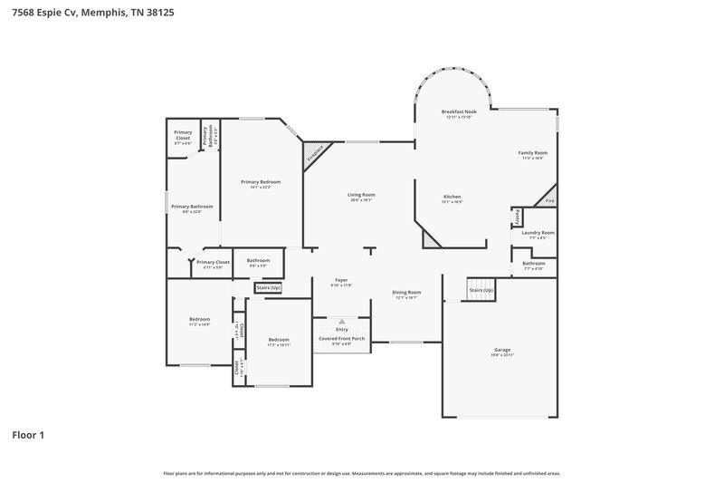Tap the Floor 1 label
[27, 434]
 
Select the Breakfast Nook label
[459, 111]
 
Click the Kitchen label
[452, 197]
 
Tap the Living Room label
[361, 195]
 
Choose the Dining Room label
[405, 293]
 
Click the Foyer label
[341, 281]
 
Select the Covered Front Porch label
[341, 338]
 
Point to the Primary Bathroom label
[192, 207]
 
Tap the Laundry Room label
[538, 233]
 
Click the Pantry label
[517, 217]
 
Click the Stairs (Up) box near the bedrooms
[269, 288]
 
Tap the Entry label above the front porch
[341, 330]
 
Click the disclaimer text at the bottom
[361, 473]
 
